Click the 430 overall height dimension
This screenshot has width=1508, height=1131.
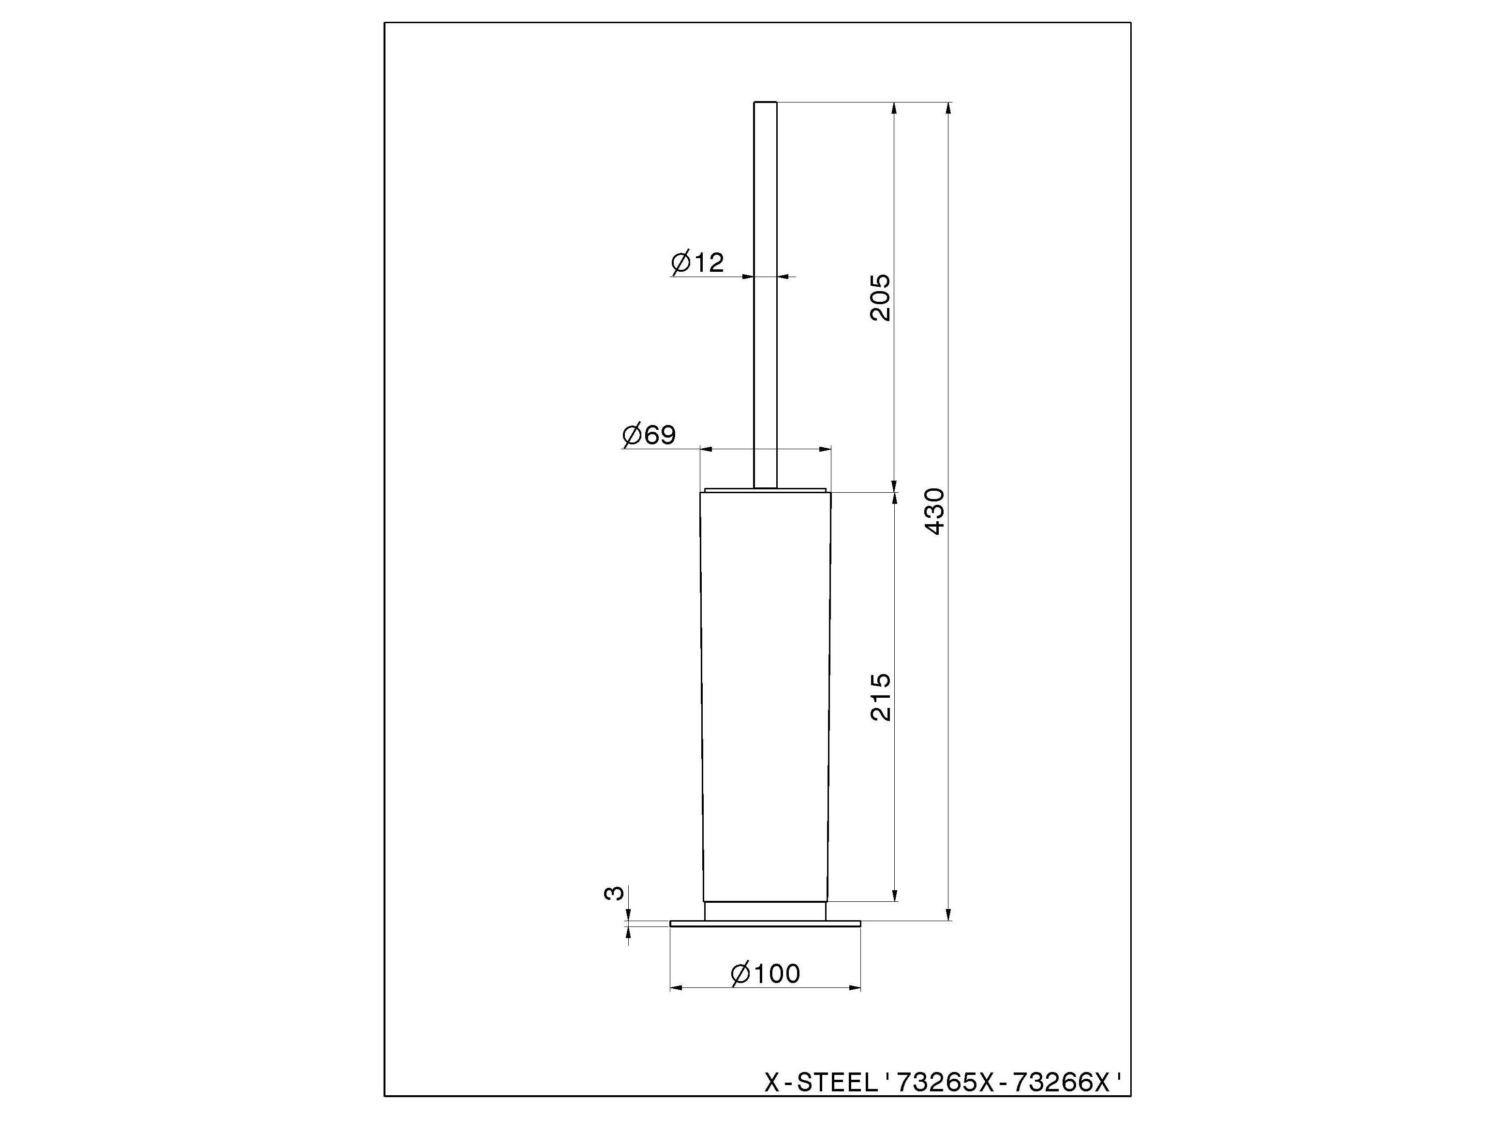[936, 511]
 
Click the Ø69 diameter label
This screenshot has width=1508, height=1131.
[649, 435]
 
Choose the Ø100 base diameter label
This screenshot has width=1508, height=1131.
[765, 973]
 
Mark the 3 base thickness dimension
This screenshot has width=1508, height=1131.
[614, 893]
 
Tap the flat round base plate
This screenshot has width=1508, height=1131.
[765, 924]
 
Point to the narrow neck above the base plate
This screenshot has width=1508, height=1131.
[765, 911]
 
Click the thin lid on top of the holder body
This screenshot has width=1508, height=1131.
[765, 489]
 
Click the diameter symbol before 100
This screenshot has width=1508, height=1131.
[740, 973]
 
